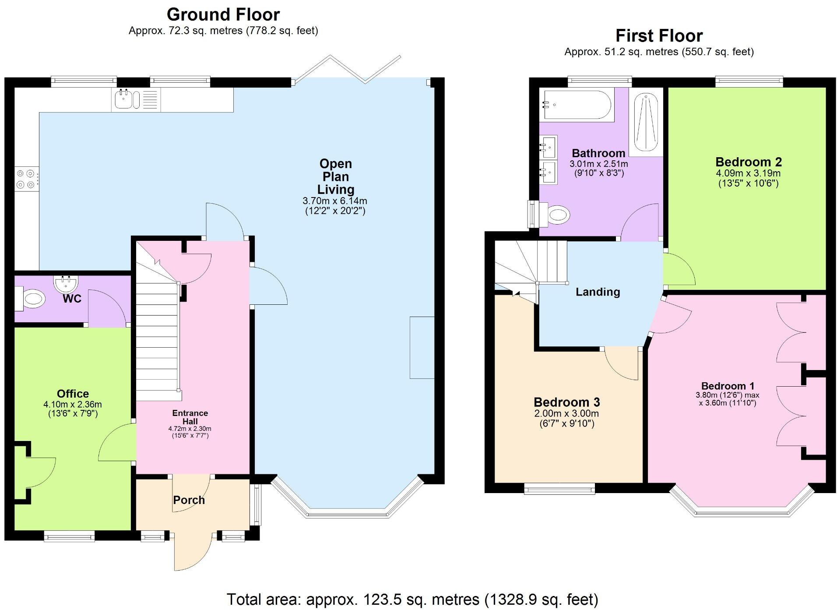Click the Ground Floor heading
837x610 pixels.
(x=223, y=14)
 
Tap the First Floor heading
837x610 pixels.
(x=658, y=35)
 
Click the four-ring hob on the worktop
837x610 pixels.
(x=25, y=179)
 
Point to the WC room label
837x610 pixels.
(x=72, y=299)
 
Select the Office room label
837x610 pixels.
(x=73, y=393)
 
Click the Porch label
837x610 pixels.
(x=189, y=500)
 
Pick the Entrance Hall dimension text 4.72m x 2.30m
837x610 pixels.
(x=190, y=429)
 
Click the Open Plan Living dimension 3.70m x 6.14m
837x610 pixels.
(x=335, y=201)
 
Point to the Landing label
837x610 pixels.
(x=598, y=292)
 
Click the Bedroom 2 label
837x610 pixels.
(x=748, y=162)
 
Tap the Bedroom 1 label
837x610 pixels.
(x=728, y=386)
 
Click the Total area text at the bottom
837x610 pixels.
(x=412, y=599)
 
